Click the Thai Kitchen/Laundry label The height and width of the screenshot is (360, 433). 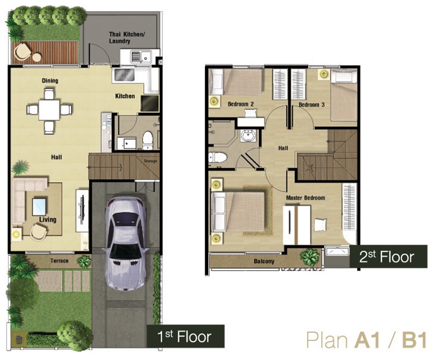[x=127, y=38]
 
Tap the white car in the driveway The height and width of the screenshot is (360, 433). [x=126, y=243]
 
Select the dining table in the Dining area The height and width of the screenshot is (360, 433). [x=49, y=110]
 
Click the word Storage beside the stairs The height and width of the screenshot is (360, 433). [x=150, y=161]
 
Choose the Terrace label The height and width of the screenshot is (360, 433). [x=59, y=261]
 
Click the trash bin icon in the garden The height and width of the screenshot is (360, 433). [x=19, y=340]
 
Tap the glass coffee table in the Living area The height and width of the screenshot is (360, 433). [x=39, y=207]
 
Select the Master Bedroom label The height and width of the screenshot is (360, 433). [x=305, y=198]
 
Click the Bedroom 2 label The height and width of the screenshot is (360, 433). [x=241, y=104]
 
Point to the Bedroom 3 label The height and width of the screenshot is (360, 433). [x=312, y=105]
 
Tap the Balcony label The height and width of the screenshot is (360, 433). [x=264, y=261]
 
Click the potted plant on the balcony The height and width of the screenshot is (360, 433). [x=309, y=258]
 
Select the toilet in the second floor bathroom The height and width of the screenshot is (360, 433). [x=218, y=158]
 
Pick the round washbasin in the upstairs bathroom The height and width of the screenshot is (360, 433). [x=248, y=136]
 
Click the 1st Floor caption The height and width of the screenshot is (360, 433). [x=184, y=337]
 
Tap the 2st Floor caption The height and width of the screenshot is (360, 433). [x=386, y=257]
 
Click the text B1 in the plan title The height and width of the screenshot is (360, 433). [x=414, y=340]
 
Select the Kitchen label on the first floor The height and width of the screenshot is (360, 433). [x=125, y=96]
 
